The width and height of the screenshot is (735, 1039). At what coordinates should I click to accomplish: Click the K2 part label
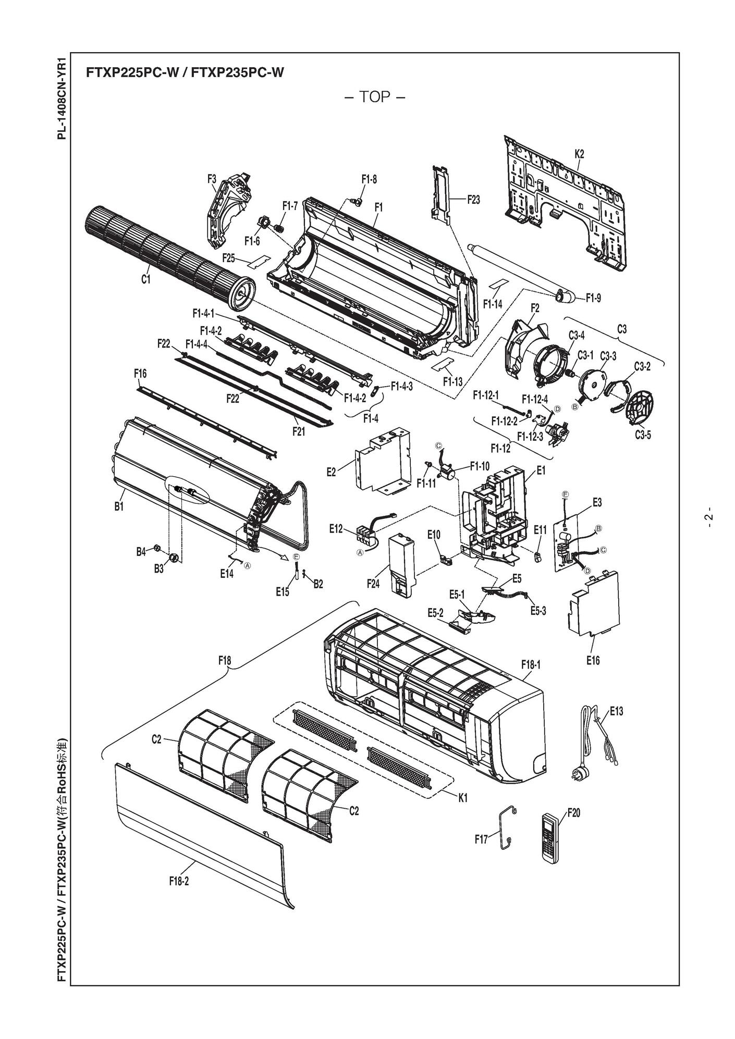[579, 154]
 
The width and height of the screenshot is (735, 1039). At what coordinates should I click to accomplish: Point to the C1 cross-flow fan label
[145, 280]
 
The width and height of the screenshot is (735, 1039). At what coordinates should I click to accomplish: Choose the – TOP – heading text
[375, 97]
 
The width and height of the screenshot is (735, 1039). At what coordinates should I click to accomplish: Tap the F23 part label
[473, 199]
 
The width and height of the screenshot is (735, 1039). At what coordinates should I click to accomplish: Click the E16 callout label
[593, 661]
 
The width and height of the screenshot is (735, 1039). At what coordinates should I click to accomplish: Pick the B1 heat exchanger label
[119, 506]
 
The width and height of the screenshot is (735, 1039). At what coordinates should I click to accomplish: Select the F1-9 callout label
[593, 298]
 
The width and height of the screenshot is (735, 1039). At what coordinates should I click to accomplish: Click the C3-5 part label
[642, 435]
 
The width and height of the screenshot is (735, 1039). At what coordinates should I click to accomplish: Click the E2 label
[331, 472]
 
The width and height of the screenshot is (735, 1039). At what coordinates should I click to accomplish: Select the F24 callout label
[373, 584]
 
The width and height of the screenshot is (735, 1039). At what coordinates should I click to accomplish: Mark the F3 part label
[211, 179]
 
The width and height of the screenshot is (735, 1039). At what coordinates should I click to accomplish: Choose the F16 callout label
[140, 374]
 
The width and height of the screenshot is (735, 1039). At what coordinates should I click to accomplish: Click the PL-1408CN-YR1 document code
[62, 98]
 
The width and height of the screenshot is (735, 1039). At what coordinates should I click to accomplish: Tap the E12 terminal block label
[336, 529]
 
